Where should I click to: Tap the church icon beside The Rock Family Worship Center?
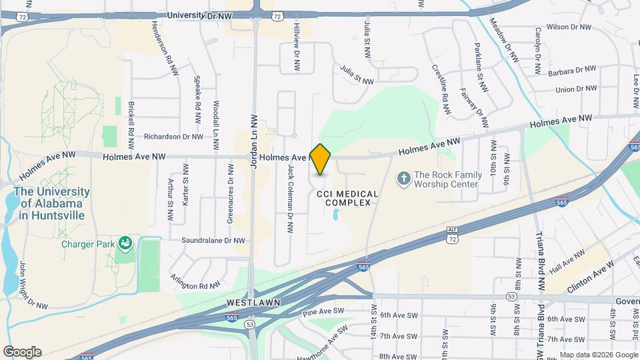(403, 178)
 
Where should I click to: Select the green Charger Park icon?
(124, 243)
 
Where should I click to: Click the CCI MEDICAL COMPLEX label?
(347, 198)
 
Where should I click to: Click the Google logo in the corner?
(21, 351)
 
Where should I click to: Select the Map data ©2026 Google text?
(598, 355)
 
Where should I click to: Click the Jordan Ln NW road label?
(253, 141)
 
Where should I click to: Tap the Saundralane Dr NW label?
(213, 241)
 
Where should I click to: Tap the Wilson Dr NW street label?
(569, 27)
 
